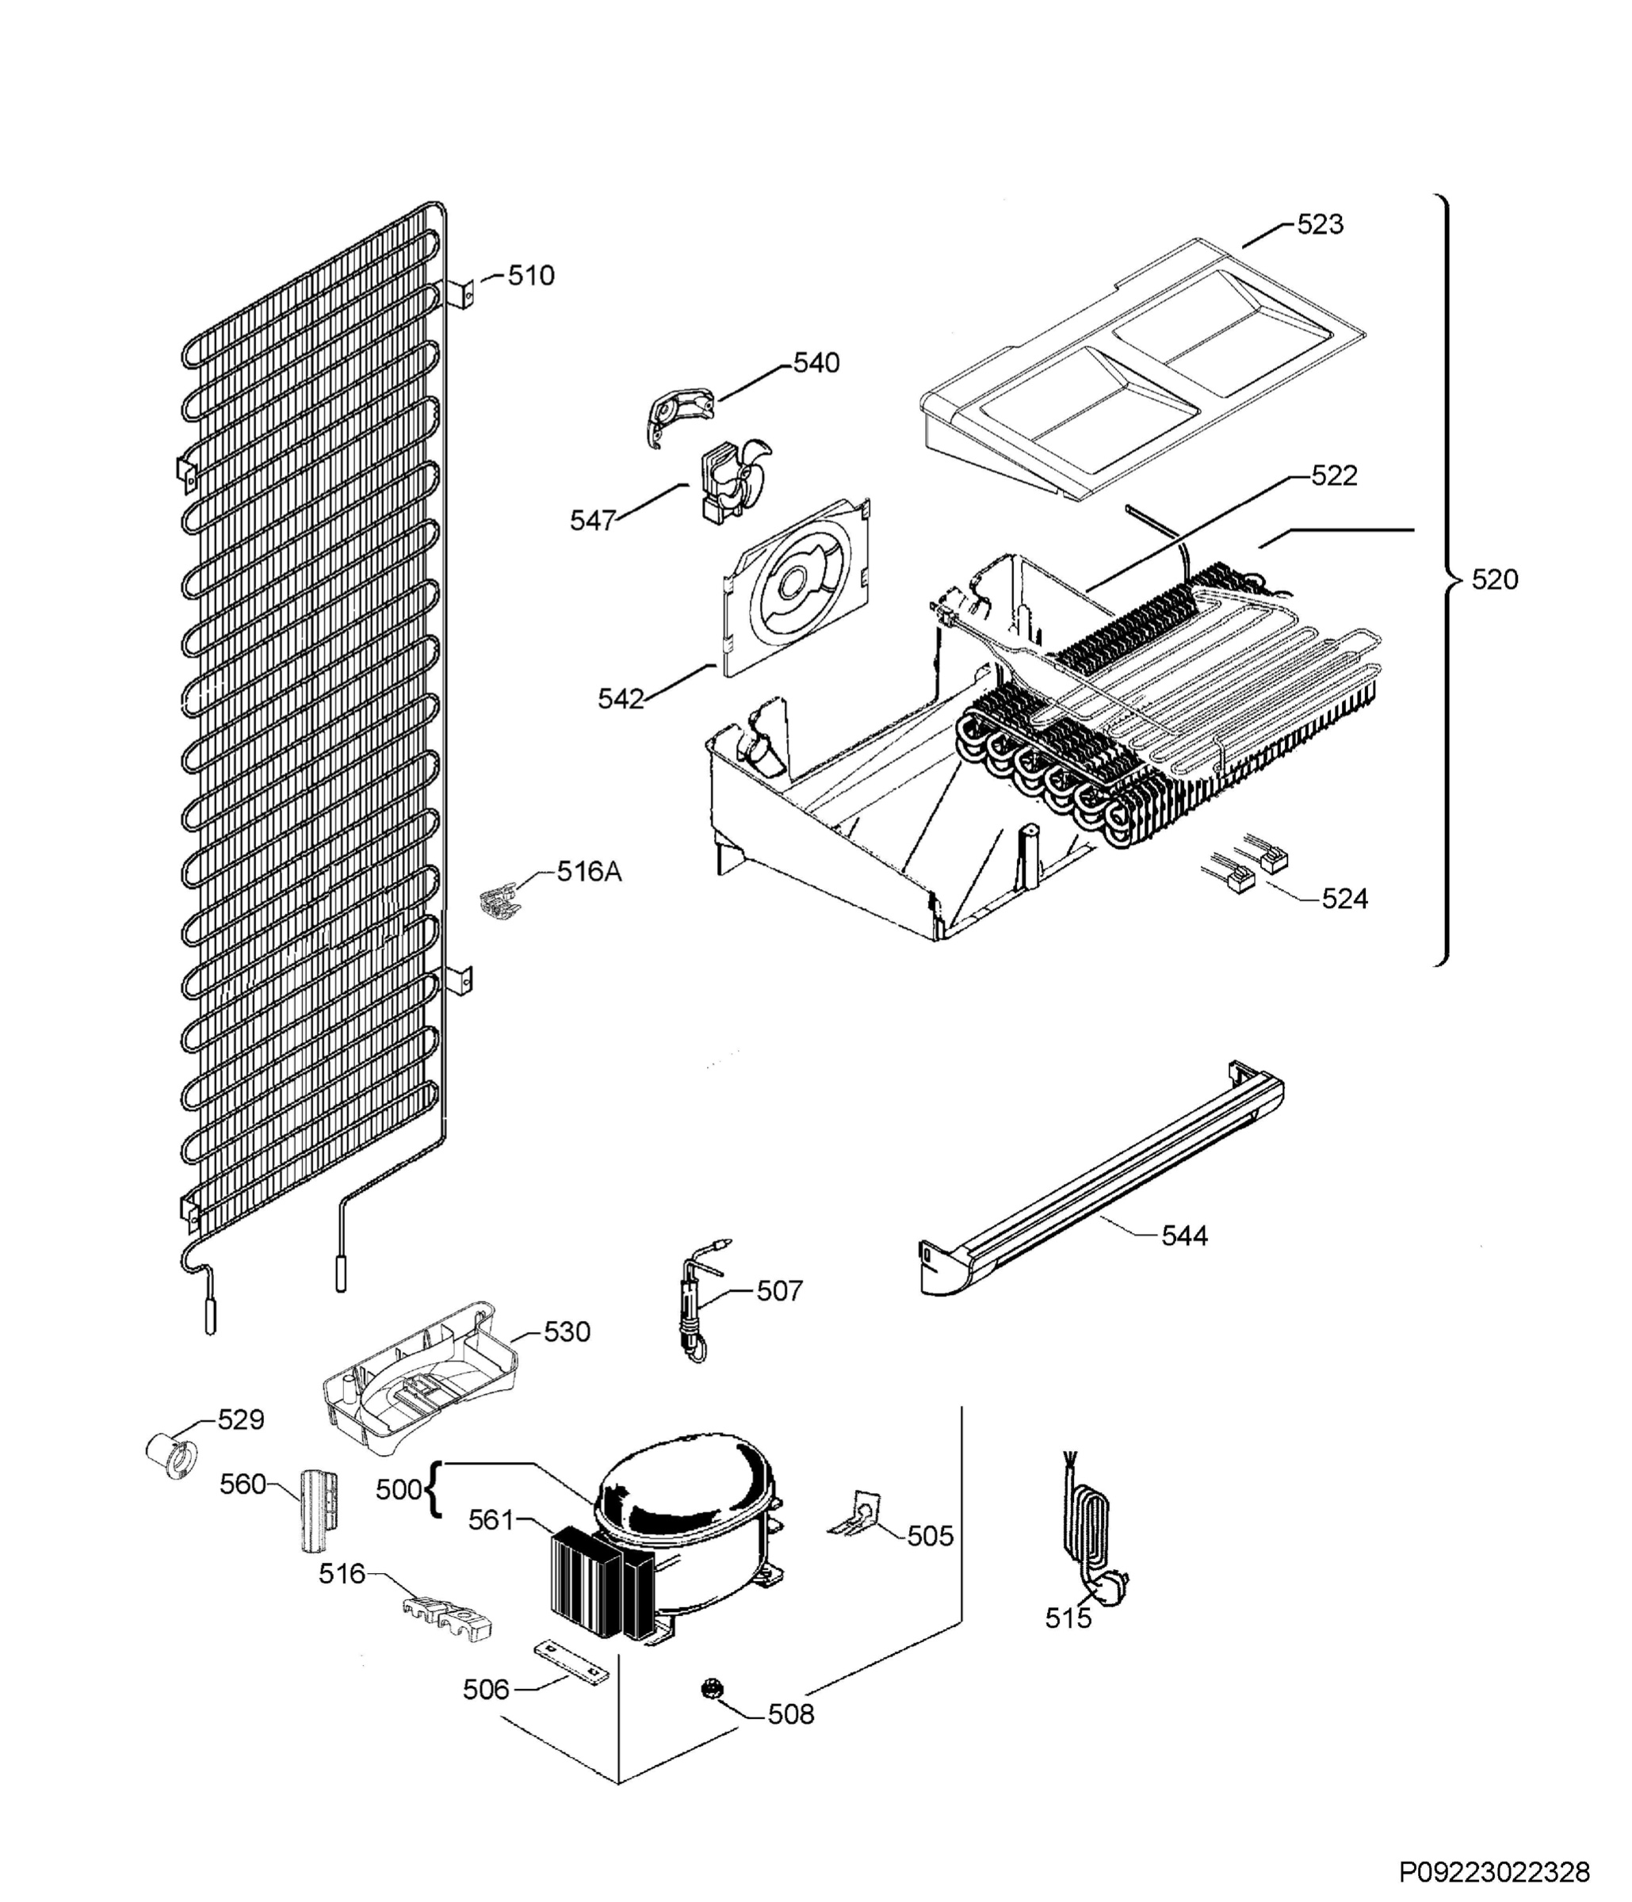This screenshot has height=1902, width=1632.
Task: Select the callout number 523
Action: pyautogui.click(x=1319, y=225)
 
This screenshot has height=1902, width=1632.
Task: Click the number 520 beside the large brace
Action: pyautogui.click(x=1494, y=579)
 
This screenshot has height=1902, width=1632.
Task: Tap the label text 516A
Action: pyautogui.click(x=588, y=871)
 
